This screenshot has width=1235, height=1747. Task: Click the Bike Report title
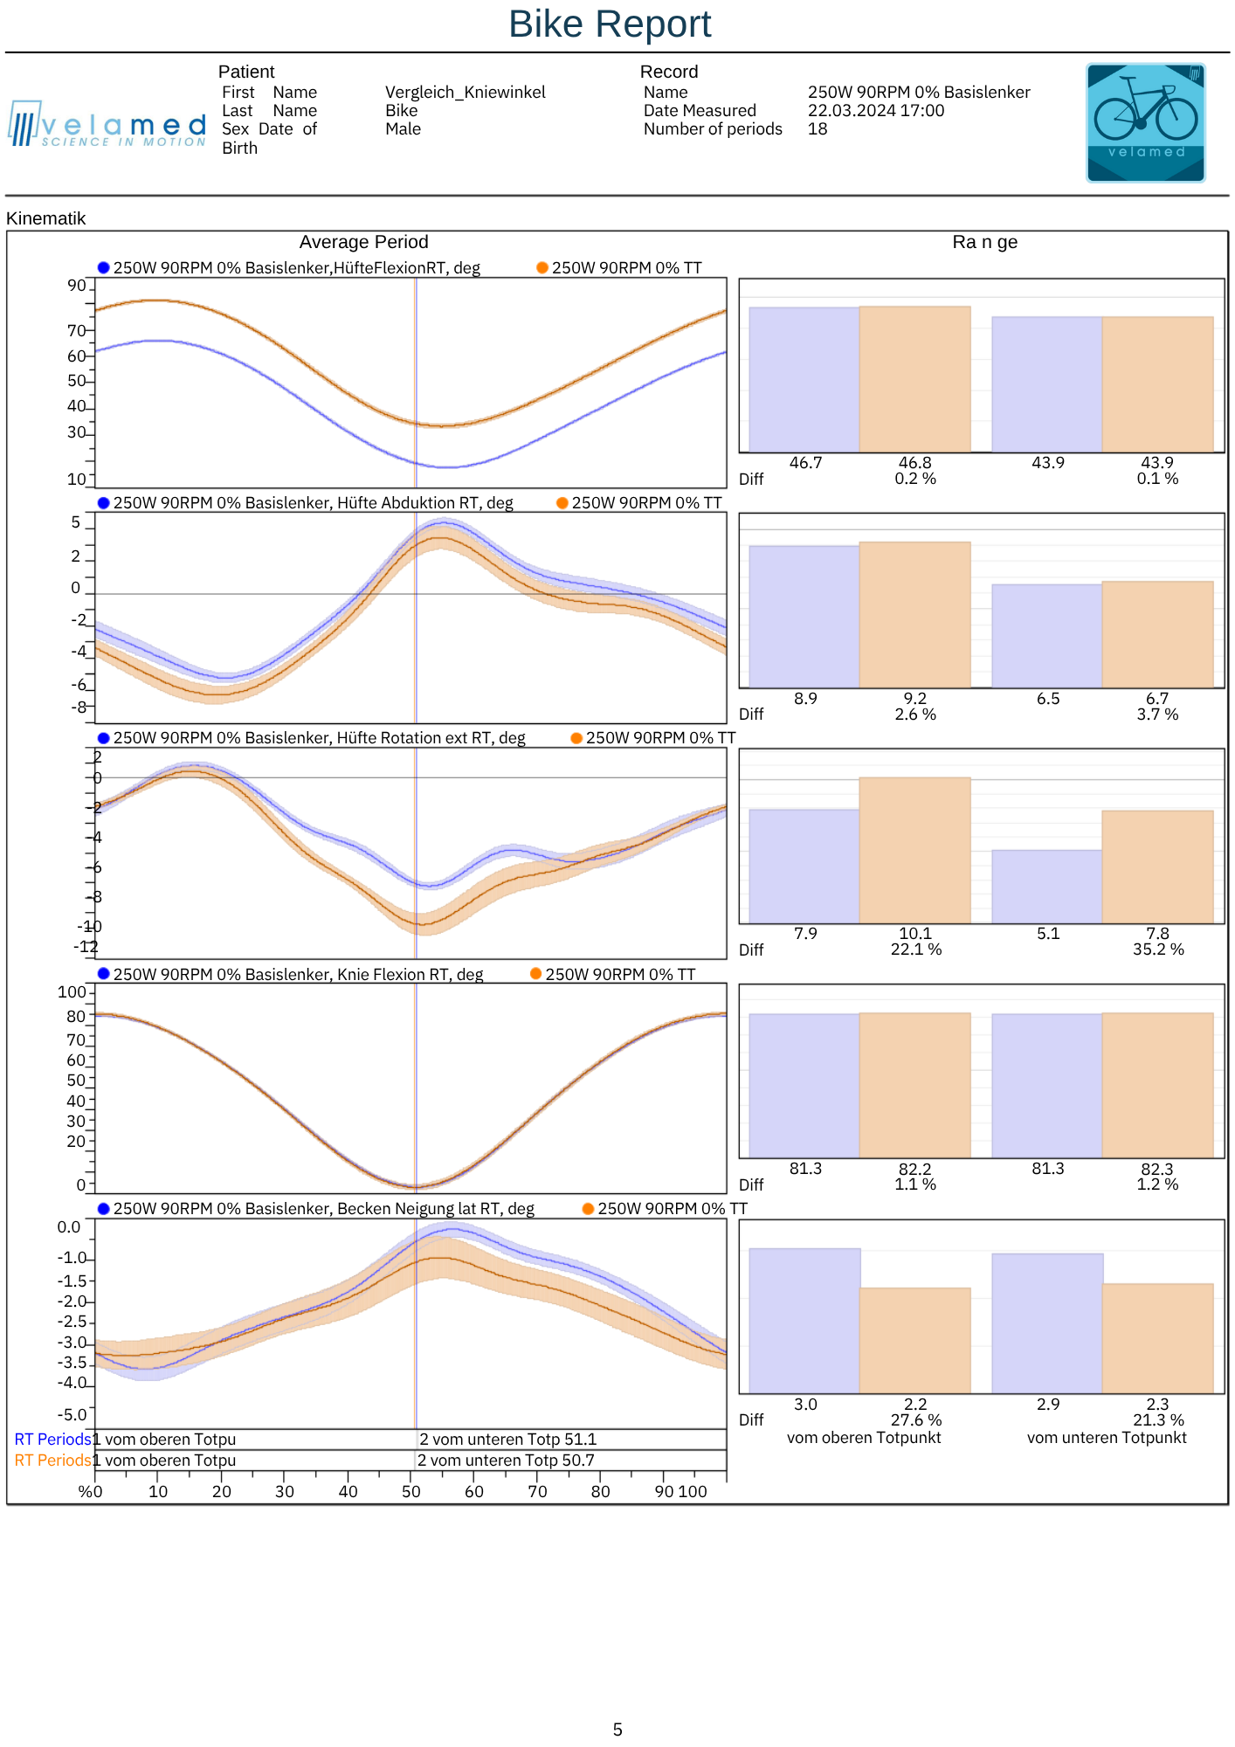point(610,24)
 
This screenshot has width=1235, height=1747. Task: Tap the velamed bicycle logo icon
point(1145,122)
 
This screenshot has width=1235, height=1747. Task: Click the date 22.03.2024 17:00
point(875,111)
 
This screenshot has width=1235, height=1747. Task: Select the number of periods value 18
point(818,129)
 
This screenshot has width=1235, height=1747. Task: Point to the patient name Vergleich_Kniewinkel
point(465,93)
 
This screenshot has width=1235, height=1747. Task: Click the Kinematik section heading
point(46,218)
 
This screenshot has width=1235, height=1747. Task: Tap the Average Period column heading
point(363,242)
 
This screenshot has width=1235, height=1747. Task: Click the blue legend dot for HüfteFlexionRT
point(103,268)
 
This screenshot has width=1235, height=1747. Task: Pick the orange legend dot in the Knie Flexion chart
point(536,974)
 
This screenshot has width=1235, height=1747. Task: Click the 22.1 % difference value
point(915,949)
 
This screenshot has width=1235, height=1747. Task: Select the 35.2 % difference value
point(1158,949)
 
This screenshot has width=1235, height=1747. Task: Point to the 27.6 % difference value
point(915,1420)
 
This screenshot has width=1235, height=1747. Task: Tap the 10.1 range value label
point(915,934)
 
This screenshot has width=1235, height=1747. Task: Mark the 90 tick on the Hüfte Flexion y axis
point(77,286)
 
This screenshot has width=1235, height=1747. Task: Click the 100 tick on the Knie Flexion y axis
point(72,992)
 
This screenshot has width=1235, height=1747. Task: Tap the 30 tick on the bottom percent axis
point(285,1491)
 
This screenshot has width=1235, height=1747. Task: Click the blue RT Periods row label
point(52,1440)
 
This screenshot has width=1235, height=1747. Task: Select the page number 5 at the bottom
point(617,1730)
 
